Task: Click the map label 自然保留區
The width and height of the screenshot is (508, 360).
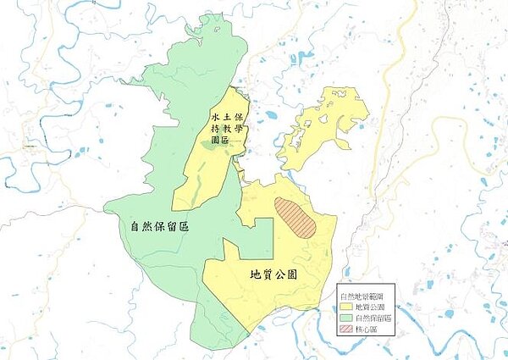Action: [159, 227]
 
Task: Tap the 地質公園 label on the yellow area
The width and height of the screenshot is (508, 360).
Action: [273, 274]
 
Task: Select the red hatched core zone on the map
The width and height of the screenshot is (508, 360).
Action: [295, 217]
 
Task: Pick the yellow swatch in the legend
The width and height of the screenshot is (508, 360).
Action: [345, 306]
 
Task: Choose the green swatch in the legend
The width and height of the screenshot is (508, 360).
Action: [345, 317]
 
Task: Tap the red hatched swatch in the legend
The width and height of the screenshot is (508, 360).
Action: [345, 327]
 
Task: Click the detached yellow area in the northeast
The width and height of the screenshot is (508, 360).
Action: [317, 127]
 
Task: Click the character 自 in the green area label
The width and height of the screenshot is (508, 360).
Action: [135, 227]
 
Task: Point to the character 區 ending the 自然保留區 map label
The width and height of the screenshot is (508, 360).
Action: [184, 227]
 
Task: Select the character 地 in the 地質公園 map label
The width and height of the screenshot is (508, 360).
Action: [255, 274]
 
